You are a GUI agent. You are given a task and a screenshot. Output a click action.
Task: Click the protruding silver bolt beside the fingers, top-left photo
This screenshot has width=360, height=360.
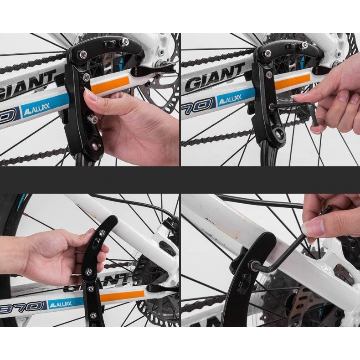(x=93, y=119)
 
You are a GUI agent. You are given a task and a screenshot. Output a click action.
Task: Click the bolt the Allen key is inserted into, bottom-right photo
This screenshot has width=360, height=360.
(x=252, y=264)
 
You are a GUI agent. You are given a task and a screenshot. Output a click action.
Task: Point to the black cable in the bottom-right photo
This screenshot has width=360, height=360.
(x=260, y=201)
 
